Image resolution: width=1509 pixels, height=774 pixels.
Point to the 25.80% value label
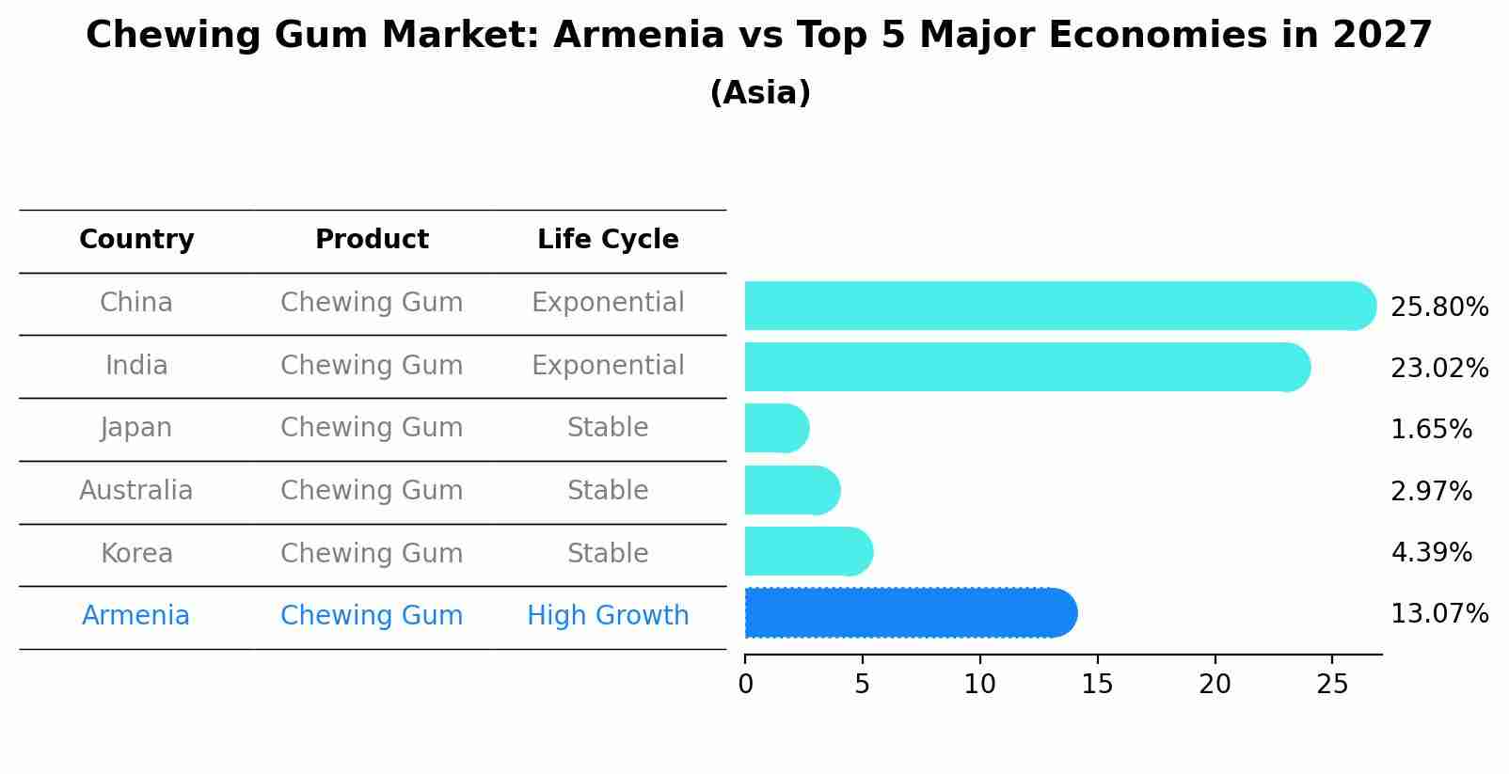[1438, 308]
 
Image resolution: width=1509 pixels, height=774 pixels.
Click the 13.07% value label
[1438, 614]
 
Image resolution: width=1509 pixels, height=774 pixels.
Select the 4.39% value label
[1431, 553]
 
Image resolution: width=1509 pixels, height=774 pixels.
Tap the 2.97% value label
[1431, 492]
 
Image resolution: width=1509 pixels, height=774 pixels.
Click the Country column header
[136, 240]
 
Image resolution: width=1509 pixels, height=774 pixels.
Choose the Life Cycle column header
[608, 240]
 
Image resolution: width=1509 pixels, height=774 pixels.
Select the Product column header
[372, 240]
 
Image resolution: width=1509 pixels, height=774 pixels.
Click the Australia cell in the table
[136, 491]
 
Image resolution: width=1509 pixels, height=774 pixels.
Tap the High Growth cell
[608, 616]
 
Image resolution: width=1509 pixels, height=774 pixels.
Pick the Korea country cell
[136, 554]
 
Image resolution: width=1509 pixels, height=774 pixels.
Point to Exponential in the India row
[608, 366]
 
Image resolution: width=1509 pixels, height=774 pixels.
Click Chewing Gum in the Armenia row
[372, 616]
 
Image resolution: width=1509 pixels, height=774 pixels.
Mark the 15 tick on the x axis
[1097, 685]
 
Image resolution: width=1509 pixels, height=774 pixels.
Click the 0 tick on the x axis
[745, 685]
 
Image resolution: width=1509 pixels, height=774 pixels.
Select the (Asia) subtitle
[759, 93]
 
